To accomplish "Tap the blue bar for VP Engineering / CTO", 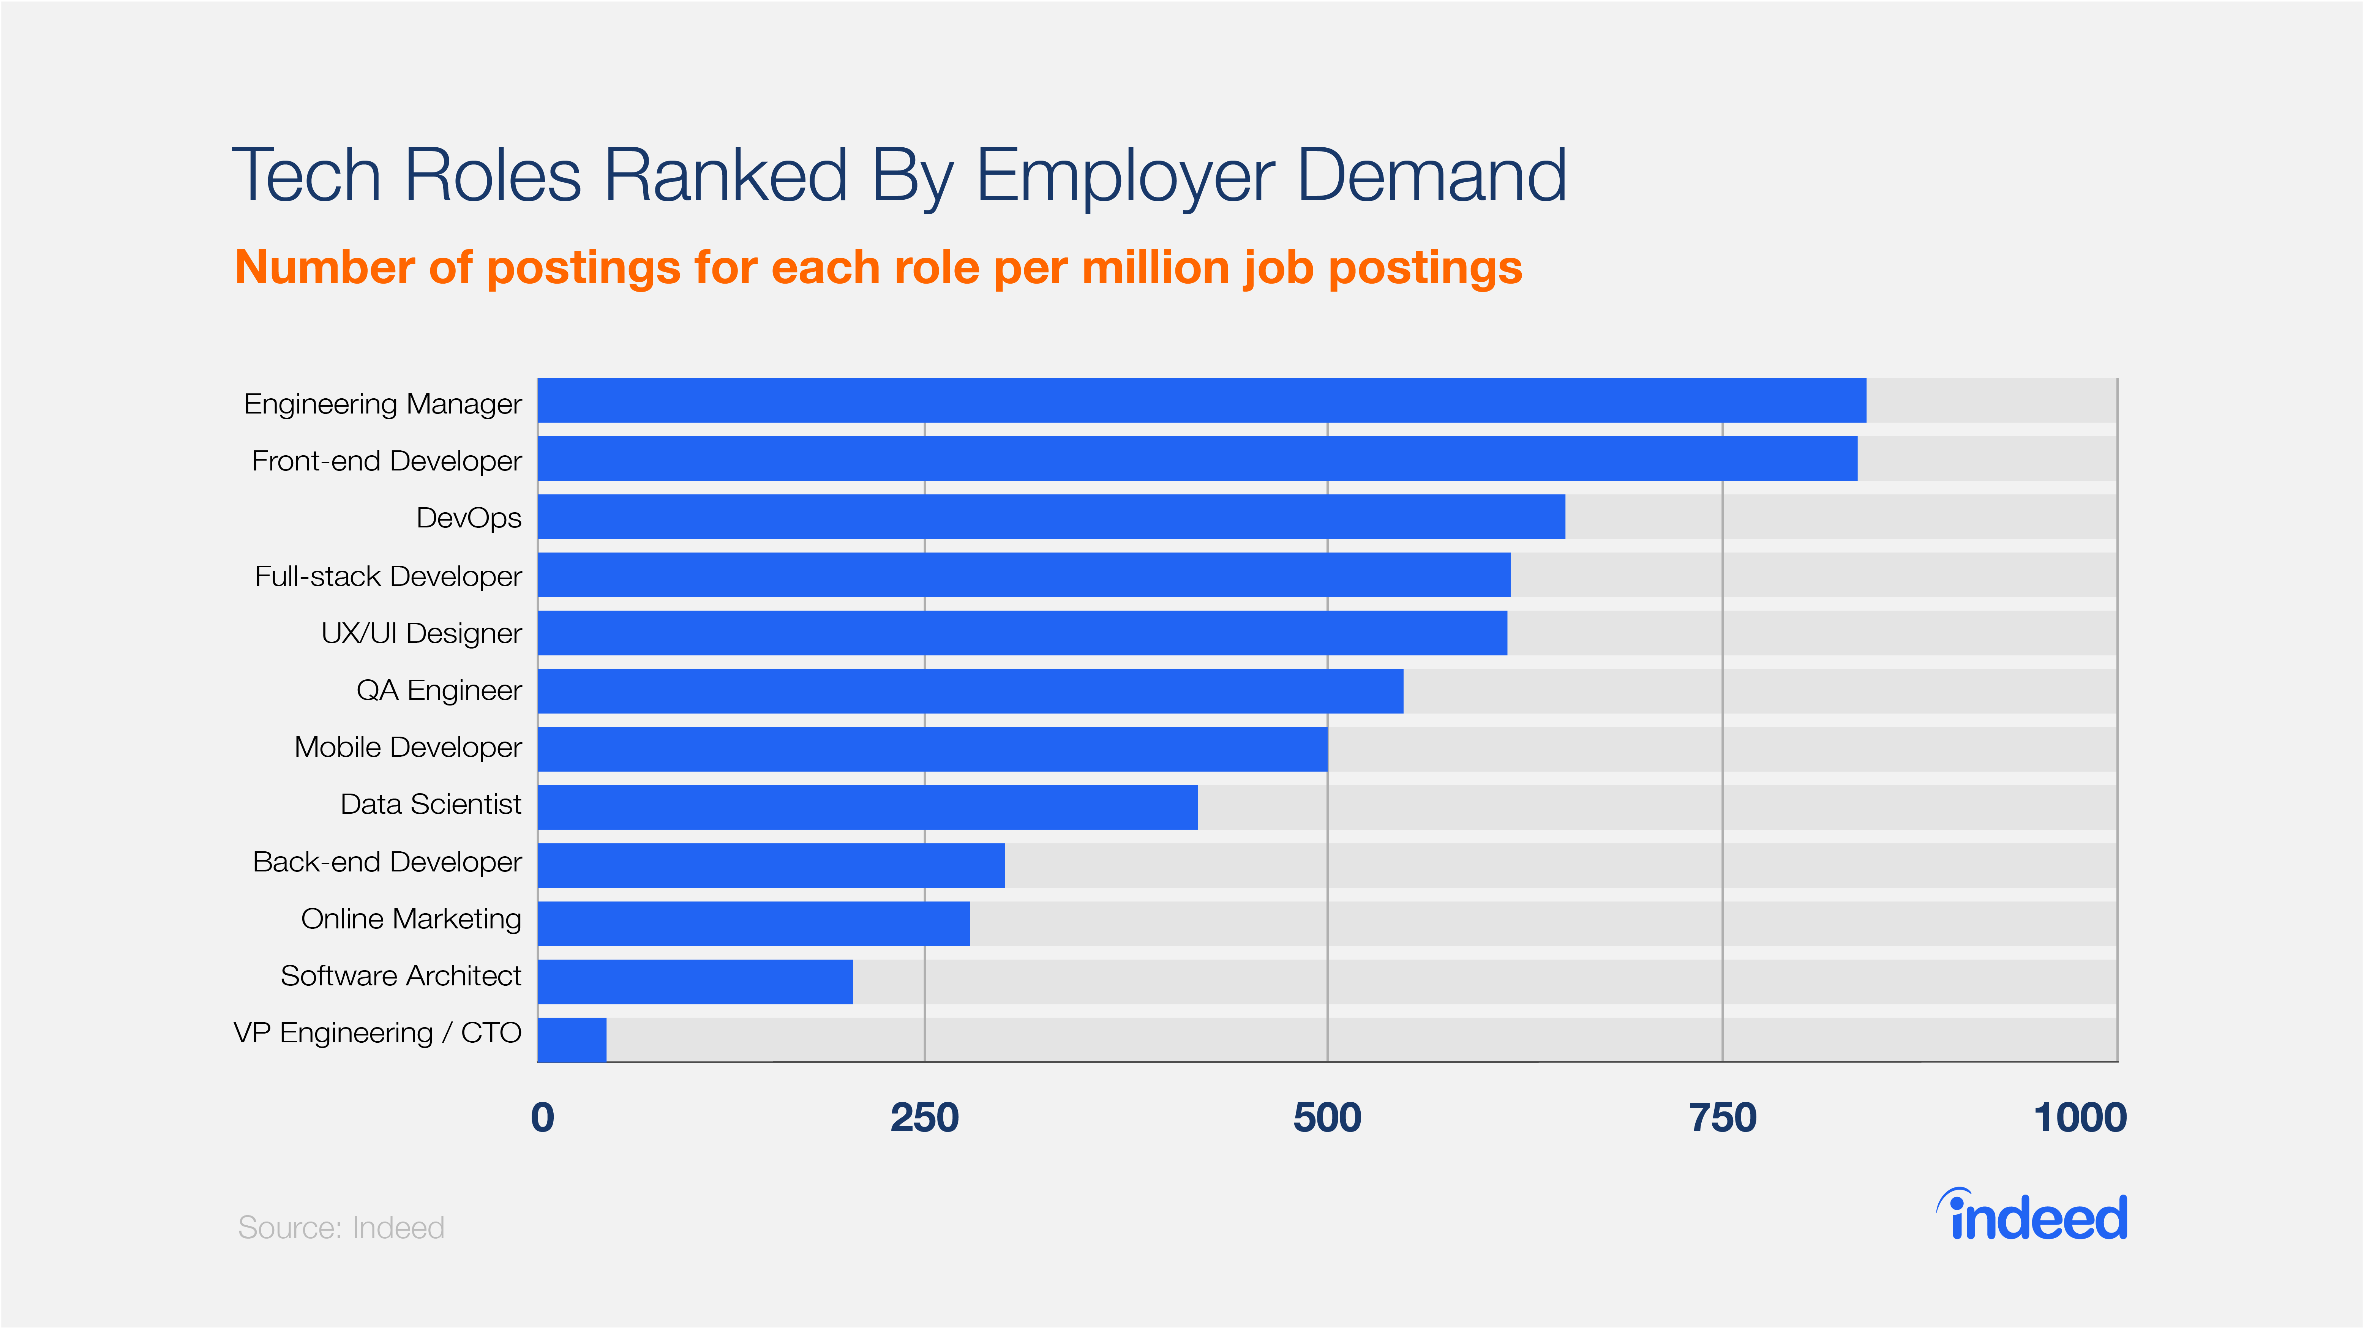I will click(572, 1040).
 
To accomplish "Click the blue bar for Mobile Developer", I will click(932, 749).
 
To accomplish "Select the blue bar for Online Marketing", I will click(753, 923).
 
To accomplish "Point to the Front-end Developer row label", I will click(386, 461).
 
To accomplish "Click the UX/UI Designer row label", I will click(421, 633).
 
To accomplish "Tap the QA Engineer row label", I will click(439, 690).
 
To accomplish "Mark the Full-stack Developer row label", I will click(388, 576).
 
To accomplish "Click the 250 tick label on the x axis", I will click(924, 1118).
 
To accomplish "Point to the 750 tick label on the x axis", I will click(1723, 1118).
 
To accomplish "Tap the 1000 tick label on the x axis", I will click(2080, 1118).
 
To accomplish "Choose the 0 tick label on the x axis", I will click(542, 1118).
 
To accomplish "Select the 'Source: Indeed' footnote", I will click(341, 1227).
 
